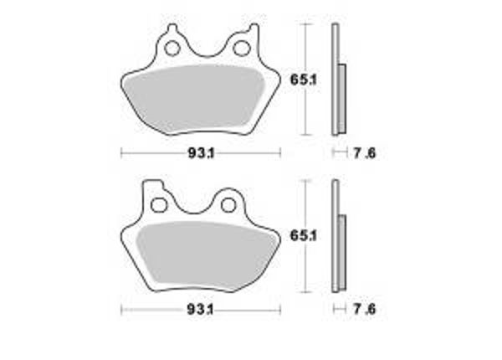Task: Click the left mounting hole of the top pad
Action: click(173, 48)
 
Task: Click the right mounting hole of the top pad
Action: click(242, 48)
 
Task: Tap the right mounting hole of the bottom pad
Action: click(227, 203)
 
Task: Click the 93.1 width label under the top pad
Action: click(199, 152)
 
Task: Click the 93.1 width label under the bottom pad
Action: click(199, 309)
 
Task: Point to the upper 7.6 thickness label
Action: click(363, 152)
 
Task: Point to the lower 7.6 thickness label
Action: click(363, 309)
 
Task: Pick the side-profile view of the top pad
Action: click(337, 80)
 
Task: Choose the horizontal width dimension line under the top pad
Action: click(151, 152)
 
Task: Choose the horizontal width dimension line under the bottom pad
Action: click(151, 309)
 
